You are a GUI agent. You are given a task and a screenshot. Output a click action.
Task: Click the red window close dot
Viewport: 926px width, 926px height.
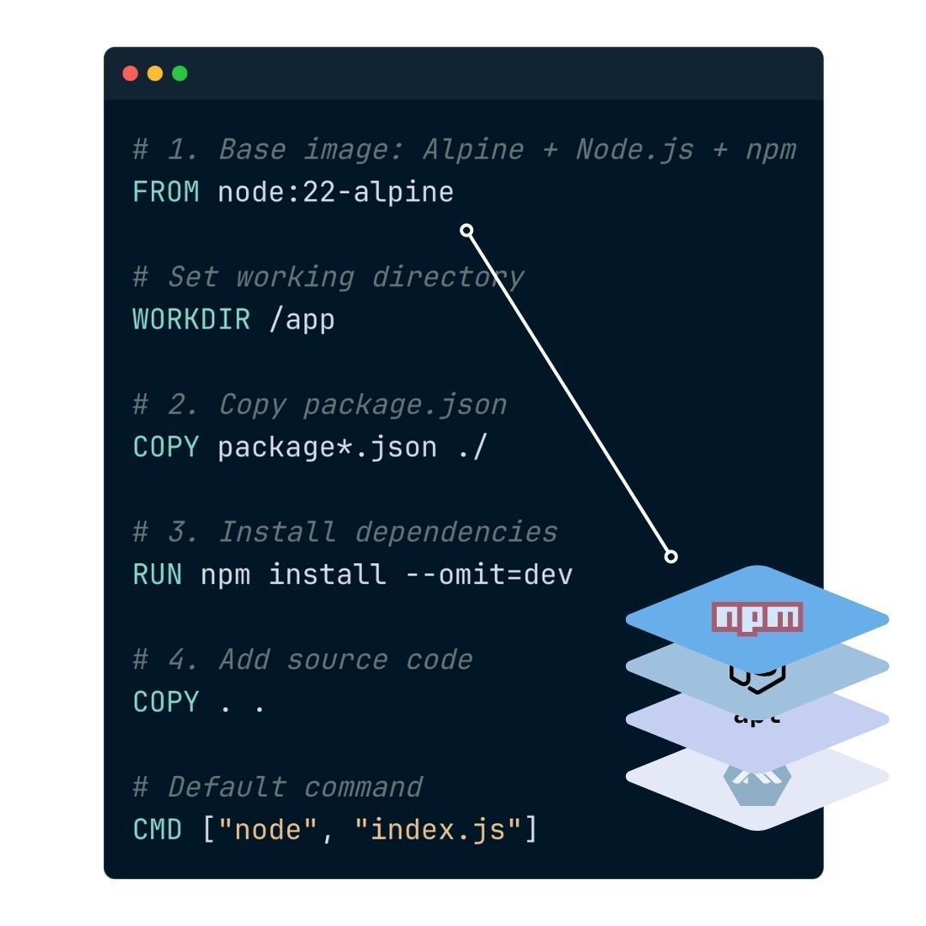coord(130,74)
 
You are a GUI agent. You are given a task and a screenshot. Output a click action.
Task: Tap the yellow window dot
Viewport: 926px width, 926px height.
coord(155,74)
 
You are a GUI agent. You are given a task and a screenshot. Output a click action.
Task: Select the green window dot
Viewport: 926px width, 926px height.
coord(180,74)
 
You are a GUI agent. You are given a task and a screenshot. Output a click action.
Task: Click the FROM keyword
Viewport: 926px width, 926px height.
coord(166,191)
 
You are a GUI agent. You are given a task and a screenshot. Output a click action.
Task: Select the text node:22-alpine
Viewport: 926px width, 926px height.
coord(335,191)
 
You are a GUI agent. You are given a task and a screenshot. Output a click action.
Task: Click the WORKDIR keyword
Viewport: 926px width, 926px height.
coord(191,319)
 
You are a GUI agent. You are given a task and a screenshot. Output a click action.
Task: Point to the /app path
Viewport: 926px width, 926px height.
coord(302,319)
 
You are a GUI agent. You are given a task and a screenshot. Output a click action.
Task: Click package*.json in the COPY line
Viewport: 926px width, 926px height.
coord(328,447)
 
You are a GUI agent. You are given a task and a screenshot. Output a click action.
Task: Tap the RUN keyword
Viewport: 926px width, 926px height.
coord(158,574)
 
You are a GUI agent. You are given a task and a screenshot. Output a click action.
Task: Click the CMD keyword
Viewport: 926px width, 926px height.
coord(158,830)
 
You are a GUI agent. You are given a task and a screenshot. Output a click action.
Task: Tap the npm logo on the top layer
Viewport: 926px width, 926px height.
coord(757,617)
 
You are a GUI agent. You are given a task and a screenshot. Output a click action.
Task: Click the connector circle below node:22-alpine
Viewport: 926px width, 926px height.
coord(467,230)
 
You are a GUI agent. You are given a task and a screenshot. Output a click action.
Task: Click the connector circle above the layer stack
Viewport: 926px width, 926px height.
coord(671,556)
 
